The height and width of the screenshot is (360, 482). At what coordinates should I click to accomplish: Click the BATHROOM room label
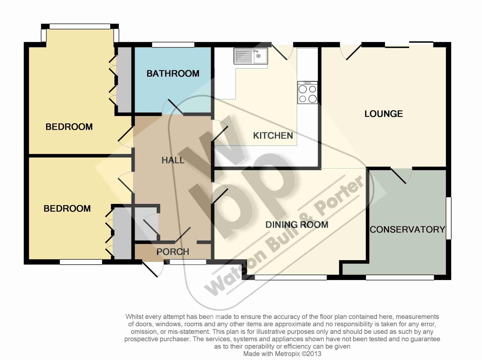coord(173,74)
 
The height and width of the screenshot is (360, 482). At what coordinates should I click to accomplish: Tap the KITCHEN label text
coord(273,136)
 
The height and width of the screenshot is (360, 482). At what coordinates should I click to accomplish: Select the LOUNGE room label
coord(384,114)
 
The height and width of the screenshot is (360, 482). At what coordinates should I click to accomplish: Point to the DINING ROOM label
coord(297,225)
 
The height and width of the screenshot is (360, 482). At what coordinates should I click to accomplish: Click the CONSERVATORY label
coord(407,230)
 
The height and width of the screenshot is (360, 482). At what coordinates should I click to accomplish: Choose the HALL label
coord(173,160)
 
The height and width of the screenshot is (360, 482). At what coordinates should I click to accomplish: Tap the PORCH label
coord(173,252)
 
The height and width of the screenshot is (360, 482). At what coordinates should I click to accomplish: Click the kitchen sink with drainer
coord(251,56)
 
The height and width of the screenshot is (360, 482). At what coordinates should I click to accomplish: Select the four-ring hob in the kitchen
coord(308,92)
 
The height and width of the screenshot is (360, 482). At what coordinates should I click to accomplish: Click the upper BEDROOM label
coord(69,127)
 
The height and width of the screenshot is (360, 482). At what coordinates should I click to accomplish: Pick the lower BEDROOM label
coord(67,208)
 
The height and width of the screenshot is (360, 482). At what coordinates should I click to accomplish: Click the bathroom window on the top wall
coord(173,45)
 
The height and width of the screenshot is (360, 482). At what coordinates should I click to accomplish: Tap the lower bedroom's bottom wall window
coord(81,262)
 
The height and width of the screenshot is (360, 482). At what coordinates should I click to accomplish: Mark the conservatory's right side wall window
coord(449,218)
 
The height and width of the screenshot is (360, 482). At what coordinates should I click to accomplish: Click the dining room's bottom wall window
coord(291,277)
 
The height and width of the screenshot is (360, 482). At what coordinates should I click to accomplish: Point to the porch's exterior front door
coord(153,269)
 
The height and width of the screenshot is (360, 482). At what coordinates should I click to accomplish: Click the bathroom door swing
coord(173,107)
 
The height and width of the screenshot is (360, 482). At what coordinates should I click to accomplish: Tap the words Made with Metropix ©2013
coord(282,354)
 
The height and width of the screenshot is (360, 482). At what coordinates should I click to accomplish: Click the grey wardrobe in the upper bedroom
coord(124,80)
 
